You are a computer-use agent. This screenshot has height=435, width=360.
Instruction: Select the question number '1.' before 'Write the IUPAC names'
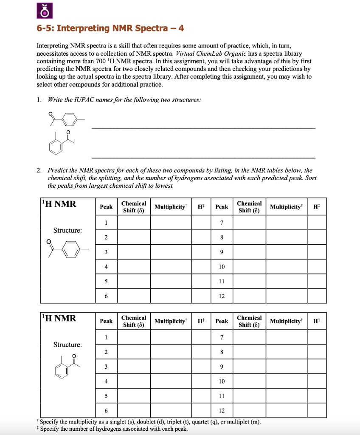[x=39, y=99]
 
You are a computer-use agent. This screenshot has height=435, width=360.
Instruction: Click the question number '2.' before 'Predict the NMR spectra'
[x=39, y=170]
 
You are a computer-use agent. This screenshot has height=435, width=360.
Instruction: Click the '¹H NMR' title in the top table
[x=59, y=204]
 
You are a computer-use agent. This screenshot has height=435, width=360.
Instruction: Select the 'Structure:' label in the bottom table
[x=67, y=345]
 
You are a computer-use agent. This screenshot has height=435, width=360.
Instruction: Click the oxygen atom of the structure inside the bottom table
[x=75, y=356]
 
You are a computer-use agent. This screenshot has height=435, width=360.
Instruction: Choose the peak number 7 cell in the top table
[x=222, y=223]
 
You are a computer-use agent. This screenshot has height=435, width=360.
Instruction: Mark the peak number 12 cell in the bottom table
[x=222, y=411]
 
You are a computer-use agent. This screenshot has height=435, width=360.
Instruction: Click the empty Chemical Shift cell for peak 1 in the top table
[x=133, y=223]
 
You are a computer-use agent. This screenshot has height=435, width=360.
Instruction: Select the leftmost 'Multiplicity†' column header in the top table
[x=171, y=207]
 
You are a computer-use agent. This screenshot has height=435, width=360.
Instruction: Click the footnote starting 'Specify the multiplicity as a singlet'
[x=151, y=422]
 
